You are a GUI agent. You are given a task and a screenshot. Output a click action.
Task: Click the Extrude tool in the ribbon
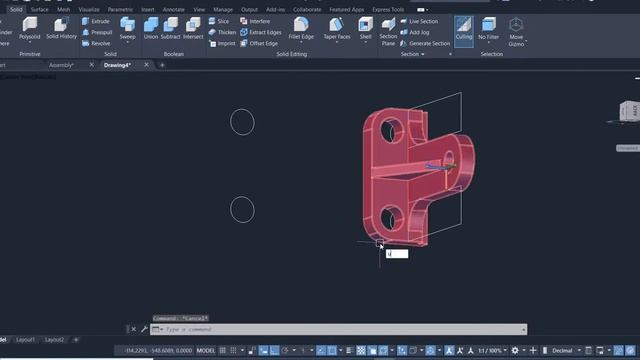point(98,20)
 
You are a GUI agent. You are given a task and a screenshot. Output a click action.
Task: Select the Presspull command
point(99,32)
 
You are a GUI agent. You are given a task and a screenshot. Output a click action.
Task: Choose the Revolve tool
point(98,43)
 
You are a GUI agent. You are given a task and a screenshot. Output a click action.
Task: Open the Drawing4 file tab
point(118,65)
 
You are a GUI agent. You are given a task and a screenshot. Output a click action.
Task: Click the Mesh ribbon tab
point(64,9)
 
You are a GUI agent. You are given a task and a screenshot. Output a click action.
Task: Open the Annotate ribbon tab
point(172,9)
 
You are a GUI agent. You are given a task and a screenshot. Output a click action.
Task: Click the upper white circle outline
point(242,110)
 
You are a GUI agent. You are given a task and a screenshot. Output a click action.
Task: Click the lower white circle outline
point(242,197)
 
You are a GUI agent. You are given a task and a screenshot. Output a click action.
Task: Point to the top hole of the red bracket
point(390,127)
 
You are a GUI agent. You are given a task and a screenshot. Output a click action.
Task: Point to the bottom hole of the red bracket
point(389,213)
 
